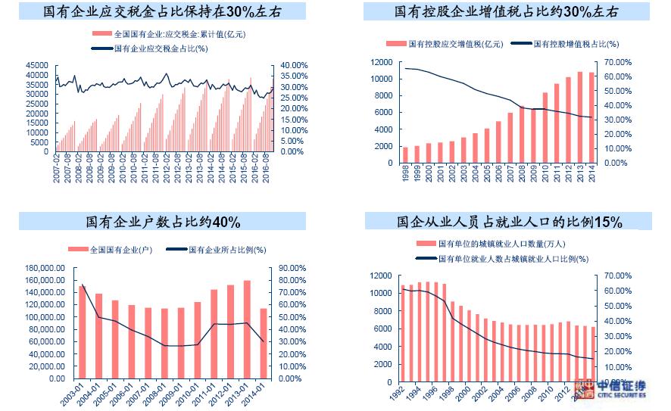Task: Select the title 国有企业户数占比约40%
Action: (163, 222)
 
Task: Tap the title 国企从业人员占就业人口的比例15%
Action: (509, 222)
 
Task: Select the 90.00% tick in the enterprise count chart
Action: (291, 269)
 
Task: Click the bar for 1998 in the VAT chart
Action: (405, 155)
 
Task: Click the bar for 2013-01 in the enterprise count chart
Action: (247, 329)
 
